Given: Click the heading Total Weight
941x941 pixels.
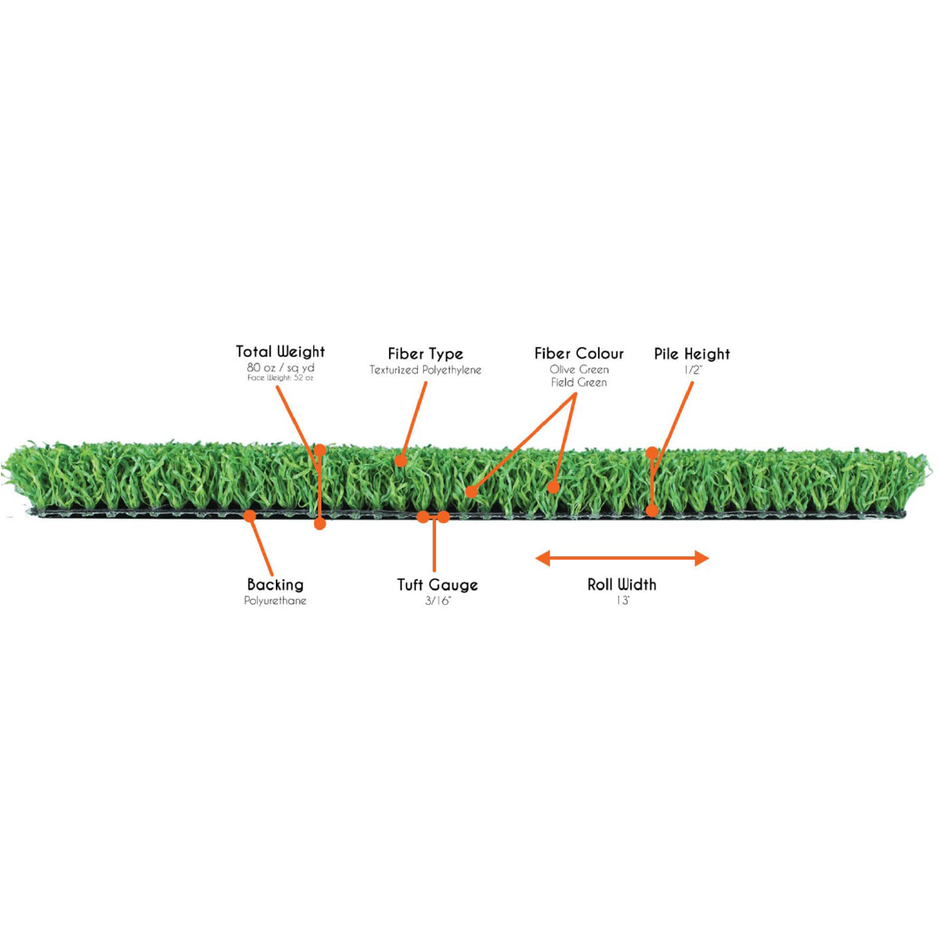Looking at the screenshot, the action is coord(280,352).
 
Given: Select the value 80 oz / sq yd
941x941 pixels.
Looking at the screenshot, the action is coord(280,367).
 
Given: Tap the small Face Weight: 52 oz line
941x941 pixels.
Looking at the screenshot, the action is coord(280,378).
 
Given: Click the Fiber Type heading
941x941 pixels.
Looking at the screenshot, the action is coord(426,354).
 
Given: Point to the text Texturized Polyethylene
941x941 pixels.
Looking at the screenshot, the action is coord(426,370).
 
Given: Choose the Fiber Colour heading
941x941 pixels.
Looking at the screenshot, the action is coord(579,353).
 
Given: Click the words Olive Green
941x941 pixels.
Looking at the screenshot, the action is coord(579,370).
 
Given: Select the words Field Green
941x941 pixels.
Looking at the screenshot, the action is coord(579,383).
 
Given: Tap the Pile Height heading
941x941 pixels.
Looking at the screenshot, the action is coord(692,354).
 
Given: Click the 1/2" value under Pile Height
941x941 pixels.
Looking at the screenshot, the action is coord(693,370).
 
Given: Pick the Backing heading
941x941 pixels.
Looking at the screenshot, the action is coord(275,585).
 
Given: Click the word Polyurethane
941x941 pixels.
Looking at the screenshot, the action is coord(275,601).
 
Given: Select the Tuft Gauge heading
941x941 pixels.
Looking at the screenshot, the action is coord(438,585).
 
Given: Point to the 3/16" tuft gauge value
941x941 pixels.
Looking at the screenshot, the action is coord(438,601).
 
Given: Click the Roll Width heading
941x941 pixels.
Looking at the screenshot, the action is coord(622,584).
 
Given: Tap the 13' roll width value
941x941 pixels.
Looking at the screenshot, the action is coord(622,601).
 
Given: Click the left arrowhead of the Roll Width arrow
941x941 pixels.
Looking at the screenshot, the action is coord(542,558).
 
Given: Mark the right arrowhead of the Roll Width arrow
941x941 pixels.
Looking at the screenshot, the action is coord(702,558).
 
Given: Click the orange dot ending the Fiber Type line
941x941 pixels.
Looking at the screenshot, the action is coord(401,460).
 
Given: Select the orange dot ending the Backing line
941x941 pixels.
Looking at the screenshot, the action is coord(250,515).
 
